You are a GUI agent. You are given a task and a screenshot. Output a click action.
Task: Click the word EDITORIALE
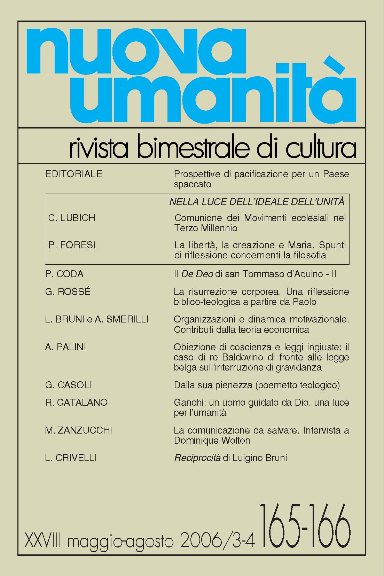(74, 174)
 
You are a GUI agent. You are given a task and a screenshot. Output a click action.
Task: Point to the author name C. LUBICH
(72, 218)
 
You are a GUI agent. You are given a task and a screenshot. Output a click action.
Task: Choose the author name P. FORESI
(72, 245)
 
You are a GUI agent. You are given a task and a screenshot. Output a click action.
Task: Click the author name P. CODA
(64, 274)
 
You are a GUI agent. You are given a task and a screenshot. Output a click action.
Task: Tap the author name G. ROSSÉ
(68, 291)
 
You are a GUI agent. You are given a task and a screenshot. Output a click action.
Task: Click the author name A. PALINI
(65, 347)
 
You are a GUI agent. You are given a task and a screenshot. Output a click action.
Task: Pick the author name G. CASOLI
(69, 385)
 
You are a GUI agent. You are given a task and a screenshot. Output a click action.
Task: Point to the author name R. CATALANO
(76, 402)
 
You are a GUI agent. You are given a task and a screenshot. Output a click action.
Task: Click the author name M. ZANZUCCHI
(79, 430)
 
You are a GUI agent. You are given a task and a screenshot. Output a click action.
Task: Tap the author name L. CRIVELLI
(71, 458)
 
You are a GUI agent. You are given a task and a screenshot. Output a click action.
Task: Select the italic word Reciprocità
(197, 458)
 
